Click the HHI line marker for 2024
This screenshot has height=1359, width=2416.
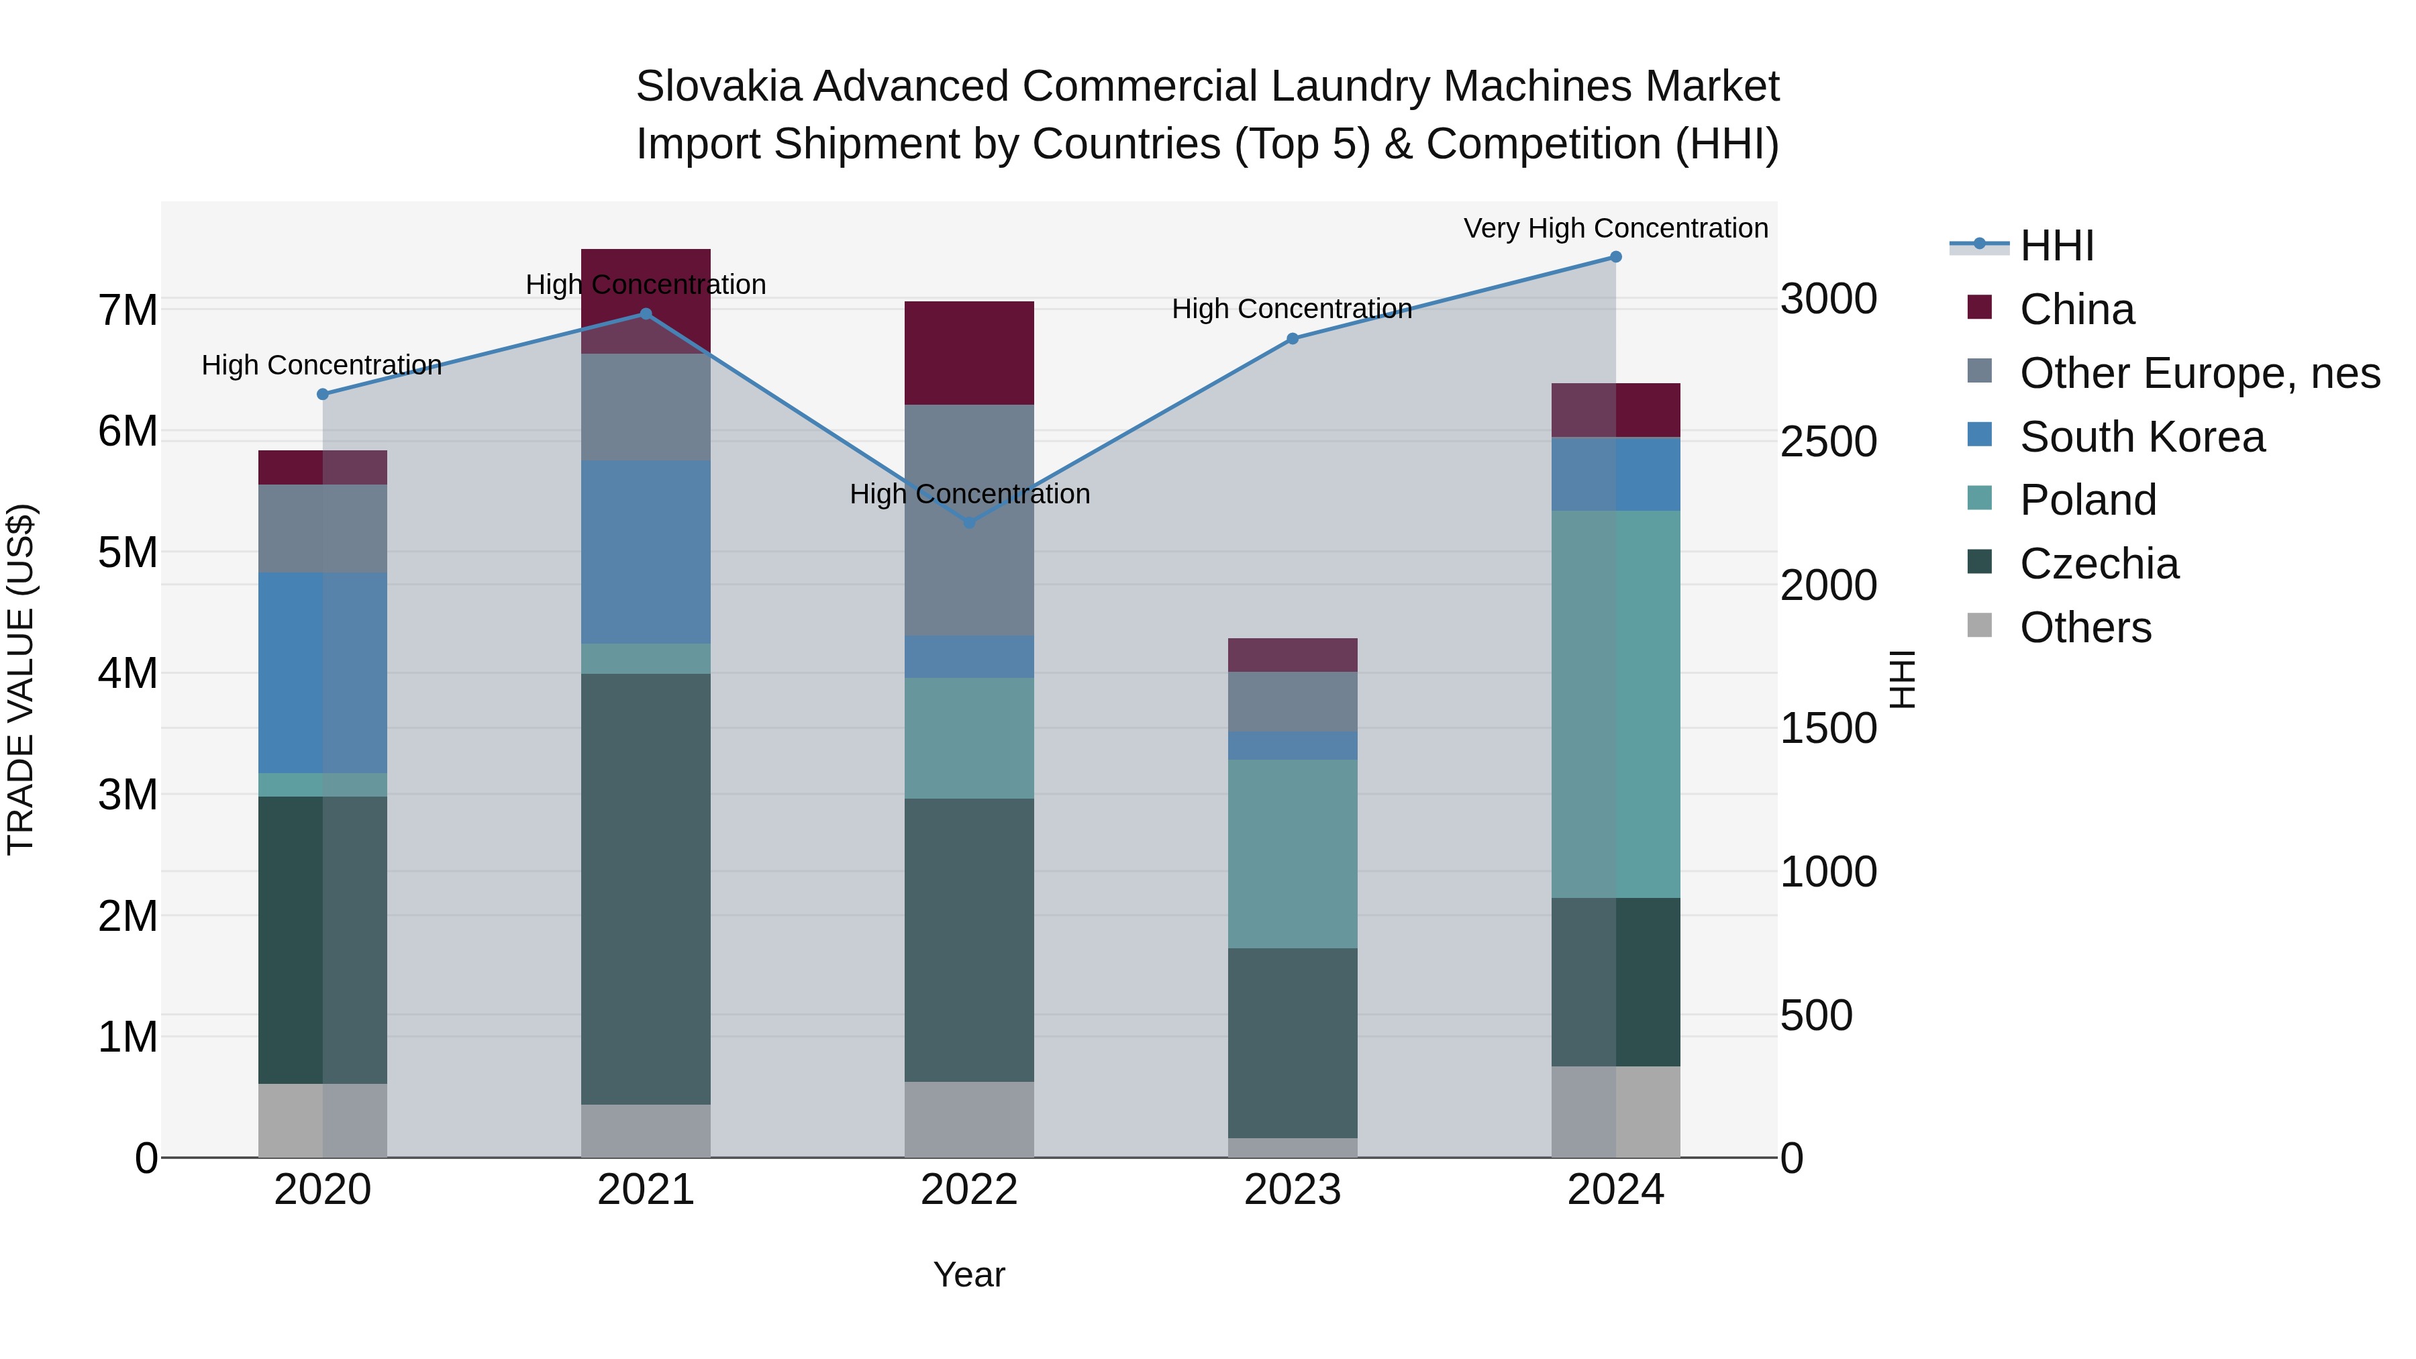[1615, 257]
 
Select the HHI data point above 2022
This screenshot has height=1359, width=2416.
[970, 522]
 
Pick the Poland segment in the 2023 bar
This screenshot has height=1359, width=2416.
[1293, 854]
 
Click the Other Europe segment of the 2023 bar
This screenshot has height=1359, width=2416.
[1293, 701]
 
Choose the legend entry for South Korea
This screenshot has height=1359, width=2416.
[2142, 437]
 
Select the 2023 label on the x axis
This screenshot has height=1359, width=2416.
[1293, 1190]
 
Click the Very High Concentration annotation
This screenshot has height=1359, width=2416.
[1615, 228]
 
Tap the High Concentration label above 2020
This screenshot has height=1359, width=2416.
[321, 365]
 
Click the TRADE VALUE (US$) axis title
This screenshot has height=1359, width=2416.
[21, 679]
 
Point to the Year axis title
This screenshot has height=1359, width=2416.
[969, 1274]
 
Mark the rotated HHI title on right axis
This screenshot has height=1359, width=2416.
[1902, 679]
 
